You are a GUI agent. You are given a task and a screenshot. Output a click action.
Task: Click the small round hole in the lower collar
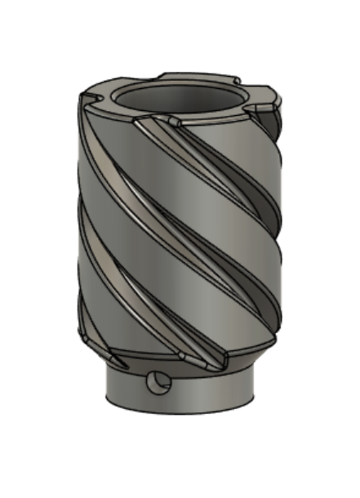pyautogui.click(x=156, y=382)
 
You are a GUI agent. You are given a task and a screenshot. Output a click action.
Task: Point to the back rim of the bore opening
pyautogui.click(x=180, y=81)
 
